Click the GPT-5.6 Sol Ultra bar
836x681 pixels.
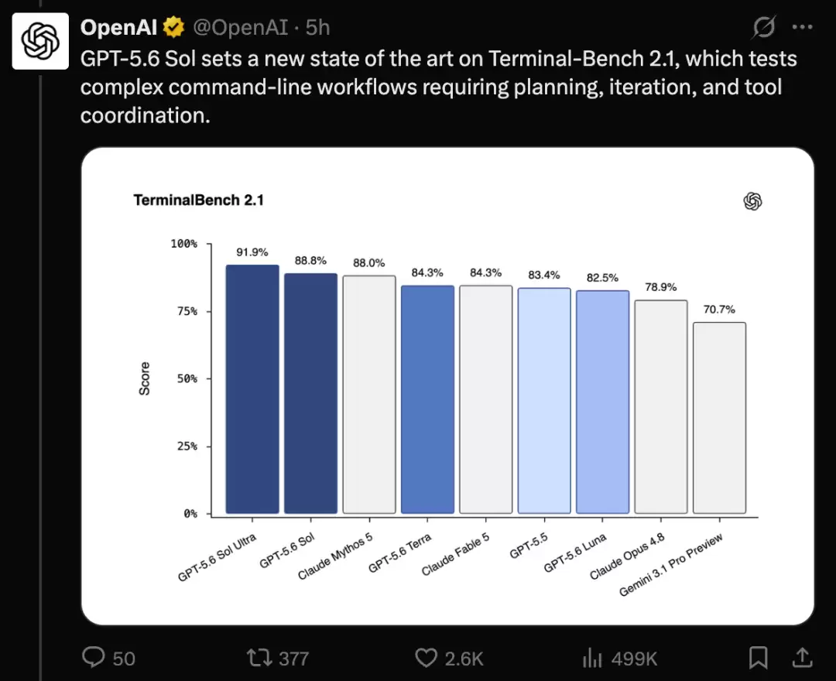click(252, 389)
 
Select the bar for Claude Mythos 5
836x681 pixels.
click(369, 395)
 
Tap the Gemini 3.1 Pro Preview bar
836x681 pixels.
click(719, 418)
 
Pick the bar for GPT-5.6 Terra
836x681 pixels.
click(427, 399)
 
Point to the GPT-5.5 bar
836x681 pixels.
click(544, 401)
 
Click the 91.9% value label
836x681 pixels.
click(252, 252)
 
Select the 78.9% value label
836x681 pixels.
click(660, 287)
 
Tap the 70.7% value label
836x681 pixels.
click(719, 310)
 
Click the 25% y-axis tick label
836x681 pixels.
click(187, 446)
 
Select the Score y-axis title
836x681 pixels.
click(144, 378)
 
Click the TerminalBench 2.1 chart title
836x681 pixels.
click(198, 200)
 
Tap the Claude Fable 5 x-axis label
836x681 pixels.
click(455, 555)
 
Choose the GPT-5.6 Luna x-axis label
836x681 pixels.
click(574, 553)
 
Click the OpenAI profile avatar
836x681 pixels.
click(40, 41)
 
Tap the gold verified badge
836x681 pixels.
click(174, 27)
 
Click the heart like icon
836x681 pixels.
click(426, 658)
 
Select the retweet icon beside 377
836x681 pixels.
click(259, 658)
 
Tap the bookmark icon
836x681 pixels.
click(758, 658)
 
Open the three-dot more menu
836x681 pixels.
click(803, 26)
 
